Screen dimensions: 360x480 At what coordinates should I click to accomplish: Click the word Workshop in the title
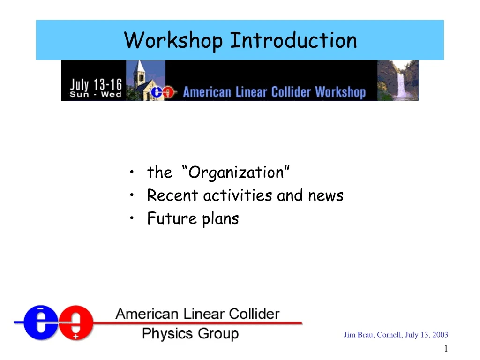[173, 41]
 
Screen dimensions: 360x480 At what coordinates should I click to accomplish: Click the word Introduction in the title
[293, 40]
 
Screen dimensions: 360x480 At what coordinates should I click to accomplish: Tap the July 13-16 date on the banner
[96, 85]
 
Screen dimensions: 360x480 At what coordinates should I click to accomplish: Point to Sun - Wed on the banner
[96, 94]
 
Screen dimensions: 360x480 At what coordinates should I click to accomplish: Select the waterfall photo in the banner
[398, 80]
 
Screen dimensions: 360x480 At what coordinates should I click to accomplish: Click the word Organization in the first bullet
[238, 173]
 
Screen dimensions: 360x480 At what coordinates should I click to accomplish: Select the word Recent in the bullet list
[172, 195]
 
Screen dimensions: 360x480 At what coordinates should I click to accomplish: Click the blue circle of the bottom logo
[41, 322]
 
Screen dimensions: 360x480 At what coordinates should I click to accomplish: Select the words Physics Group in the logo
[190, 334]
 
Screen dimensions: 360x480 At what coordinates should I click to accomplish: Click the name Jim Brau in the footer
[358, 335]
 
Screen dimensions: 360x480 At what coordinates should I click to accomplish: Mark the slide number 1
[446, 348]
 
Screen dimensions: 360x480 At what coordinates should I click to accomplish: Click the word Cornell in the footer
[389, 335]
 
